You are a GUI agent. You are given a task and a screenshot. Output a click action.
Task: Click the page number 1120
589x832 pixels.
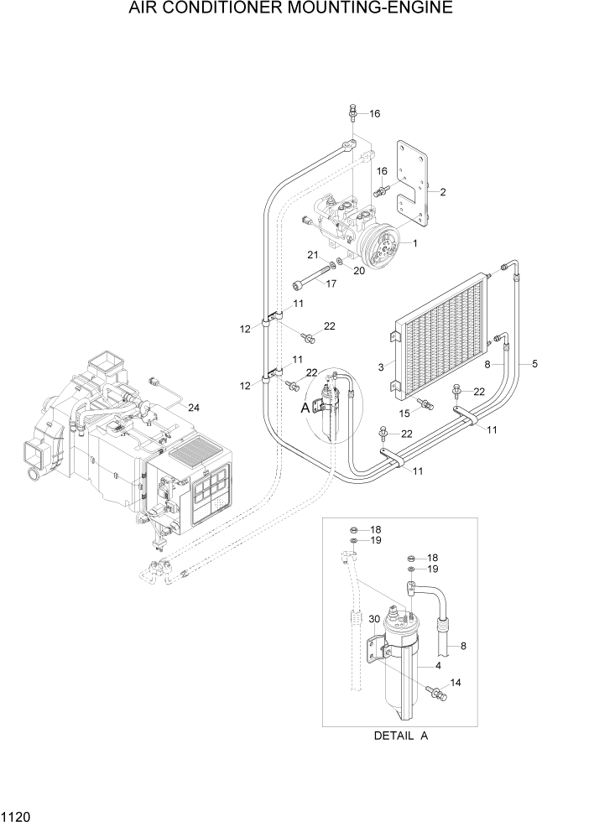click(17, 814)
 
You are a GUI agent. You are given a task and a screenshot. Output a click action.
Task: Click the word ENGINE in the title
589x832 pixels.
click(417, 9)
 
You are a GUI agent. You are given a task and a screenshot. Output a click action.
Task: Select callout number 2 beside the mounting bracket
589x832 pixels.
click(442, 192)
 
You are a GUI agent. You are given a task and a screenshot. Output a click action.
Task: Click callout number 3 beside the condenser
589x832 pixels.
click(381, 367)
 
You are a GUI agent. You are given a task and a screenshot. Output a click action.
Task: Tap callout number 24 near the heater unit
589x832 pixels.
click(194, 408)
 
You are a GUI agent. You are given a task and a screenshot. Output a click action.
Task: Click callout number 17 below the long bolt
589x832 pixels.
click(331, 283)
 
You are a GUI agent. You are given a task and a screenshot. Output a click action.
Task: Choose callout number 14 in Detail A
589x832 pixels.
click(456, 684)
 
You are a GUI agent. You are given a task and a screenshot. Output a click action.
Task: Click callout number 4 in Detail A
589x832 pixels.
click(437, 666)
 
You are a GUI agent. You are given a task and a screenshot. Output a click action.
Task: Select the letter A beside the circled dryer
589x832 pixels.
click(305, 408)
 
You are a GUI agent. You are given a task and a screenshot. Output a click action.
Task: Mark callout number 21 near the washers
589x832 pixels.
click(310, 255)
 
